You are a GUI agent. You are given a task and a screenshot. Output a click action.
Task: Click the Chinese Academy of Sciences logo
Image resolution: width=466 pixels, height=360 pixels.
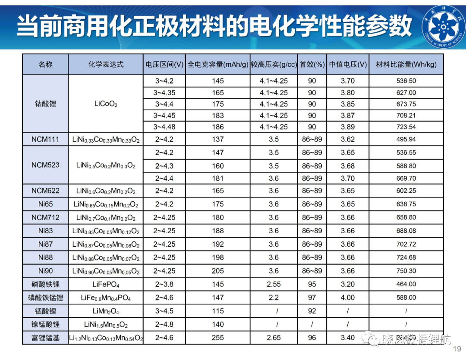point(443,27)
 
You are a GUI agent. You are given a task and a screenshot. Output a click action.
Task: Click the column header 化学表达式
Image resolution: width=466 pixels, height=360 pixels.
point(106,65)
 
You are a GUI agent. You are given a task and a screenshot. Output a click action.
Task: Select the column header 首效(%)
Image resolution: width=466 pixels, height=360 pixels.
point(312,65)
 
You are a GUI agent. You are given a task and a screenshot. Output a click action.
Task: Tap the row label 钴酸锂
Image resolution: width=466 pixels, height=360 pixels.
point(45,103)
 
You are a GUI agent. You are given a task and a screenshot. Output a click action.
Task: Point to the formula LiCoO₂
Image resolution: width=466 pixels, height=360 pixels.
point(106,104)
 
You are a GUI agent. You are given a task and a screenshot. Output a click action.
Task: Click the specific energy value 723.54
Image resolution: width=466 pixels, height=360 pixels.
point(406,127)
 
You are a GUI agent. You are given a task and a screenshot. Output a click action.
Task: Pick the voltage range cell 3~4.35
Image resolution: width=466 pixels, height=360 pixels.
point(164,93)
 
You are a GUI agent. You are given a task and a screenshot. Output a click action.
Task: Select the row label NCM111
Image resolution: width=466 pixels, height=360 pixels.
point(45,139)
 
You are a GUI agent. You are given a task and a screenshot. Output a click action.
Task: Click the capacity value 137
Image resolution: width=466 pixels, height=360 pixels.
point(218,139)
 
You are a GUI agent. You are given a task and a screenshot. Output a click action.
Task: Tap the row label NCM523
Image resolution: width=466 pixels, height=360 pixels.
point(45,165)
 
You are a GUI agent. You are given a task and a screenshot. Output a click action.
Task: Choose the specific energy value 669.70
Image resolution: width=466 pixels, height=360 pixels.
point(406,178)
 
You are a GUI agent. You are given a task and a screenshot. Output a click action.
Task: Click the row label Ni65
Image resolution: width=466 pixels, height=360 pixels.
point(45,204)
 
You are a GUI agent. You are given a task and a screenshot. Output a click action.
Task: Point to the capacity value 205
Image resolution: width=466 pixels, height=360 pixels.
point(218,271)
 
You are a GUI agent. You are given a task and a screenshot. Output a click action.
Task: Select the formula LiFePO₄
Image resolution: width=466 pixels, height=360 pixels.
point(106,285)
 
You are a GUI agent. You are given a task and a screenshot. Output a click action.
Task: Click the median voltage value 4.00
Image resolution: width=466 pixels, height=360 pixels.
point(348,297)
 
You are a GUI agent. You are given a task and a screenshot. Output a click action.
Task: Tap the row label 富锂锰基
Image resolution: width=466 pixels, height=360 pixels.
point(45,338)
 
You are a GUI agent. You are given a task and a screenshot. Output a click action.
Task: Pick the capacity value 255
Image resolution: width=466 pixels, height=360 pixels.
point(218,338)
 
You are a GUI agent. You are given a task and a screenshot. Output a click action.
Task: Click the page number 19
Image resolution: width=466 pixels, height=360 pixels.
point(457,349)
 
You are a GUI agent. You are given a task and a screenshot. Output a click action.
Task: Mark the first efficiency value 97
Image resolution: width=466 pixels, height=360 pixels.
point(312,297)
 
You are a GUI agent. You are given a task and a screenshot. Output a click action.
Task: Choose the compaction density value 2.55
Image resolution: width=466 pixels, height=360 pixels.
point(274,284)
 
